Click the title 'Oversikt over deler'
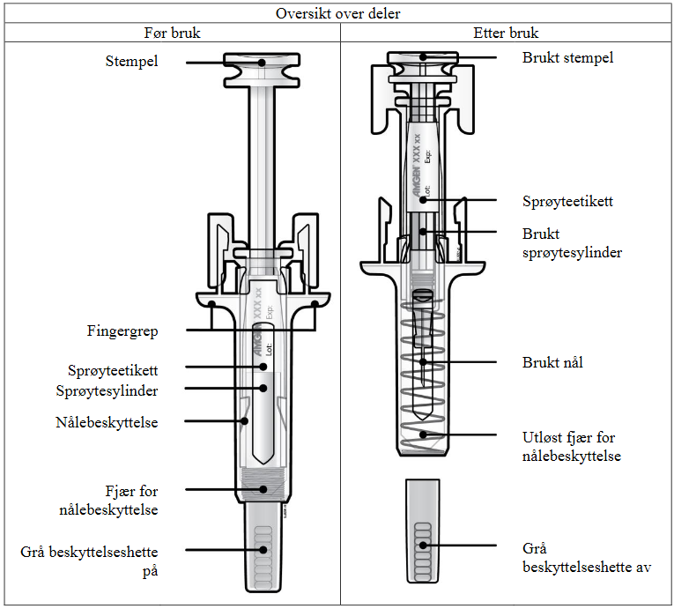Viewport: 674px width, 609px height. coord(337,12)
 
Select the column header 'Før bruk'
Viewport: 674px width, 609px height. coord(173,33)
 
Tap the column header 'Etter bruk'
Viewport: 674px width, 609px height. coord(506,33)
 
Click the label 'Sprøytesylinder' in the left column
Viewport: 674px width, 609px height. coord(113,389)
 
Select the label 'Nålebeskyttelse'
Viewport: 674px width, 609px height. coord(106,422)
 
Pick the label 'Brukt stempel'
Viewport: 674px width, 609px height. coord(567,58)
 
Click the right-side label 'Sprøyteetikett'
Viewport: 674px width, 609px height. coord(567,202)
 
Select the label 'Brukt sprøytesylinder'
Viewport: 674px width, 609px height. coord(572,243)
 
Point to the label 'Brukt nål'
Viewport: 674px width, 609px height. coord(552,362)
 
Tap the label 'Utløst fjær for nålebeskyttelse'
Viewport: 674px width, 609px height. coord(569,446)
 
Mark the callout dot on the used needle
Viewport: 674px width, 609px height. coord(423,361)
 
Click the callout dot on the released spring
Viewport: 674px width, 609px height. coord(424,434)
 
